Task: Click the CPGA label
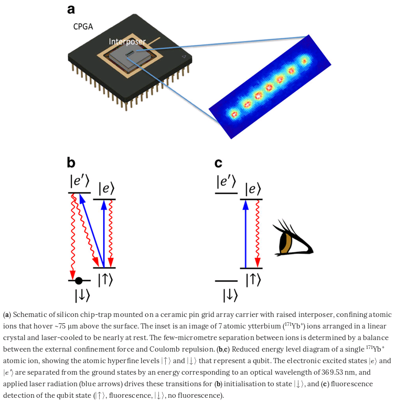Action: (83, 26)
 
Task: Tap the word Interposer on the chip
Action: (127, 41)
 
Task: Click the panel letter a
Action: (71, 10)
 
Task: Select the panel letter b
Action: (71, 162)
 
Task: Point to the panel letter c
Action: (218, 163)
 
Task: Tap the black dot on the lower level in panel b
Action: (79, 280)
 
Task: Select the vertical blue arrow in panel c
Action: (245, 234)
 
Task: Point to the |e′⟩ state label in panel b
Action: (79, 181)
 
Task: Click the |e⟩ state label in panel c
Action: (252, 189)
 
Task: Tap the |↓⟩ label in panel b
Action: (82, 296)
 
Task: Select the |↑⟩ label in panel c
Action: (253, 280)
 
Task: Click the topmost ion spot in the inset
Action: (304, 61)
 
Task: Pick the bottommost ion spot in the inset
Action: (234, 114)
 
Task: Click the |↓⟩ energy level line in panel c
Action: (226, 281)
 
